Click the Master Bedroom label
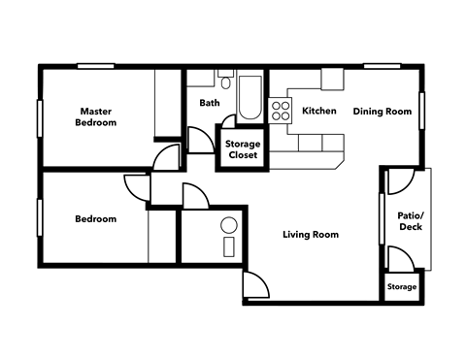coord(97,116)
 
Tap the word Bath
coord(210,103)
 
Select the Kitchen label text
coord(319,111)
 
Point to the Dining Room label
coord(382,111)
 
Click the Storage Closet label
coord(242,148)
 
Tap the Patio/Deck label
coord(409,222)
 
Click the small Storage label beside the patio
coord(402,287)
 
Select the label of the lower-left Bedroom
coord(95,219)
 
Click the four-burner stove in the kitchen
coord(282,110)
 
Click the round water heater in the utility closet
coord(229,225)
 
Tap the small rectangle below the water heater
coord(229,245)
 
